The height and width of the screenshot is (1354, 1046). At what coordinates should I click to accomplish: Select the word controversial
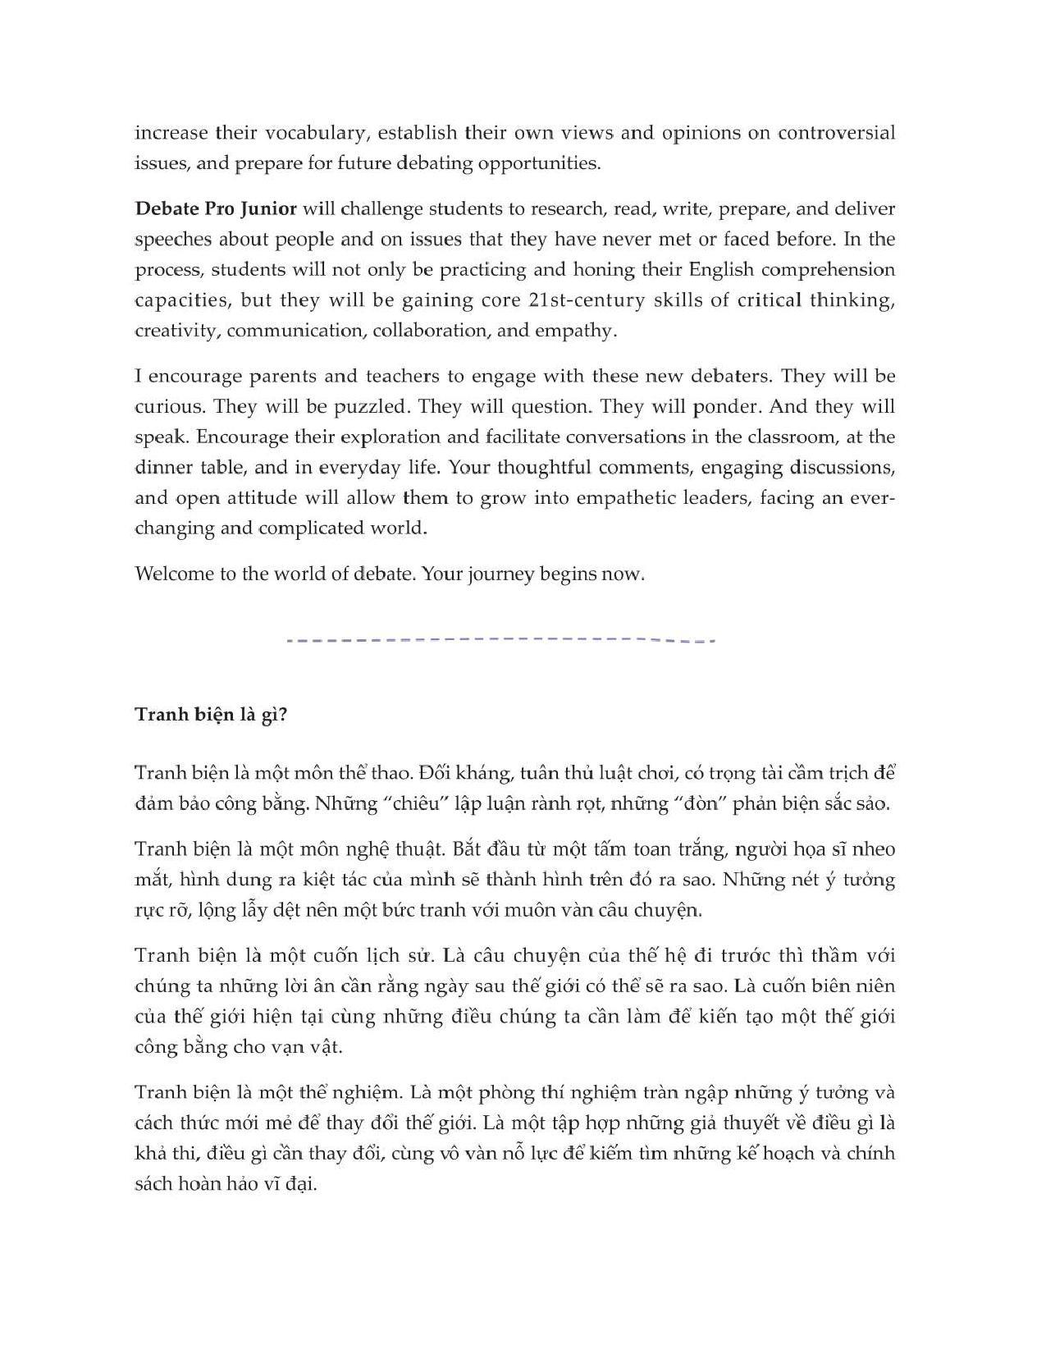click(837, 133)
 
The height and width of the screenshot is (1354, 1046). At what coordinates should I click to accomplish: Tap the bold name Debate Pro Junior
click(215, 208)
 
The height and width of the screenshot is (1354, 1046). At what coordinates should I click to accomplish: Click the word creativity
click(176, 331)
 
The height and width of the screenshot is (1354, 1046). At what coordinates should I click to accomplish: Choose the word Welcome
click(173, 574)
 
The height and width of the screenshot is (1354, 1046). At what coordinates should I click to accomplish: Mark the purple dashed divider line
click(501, 639)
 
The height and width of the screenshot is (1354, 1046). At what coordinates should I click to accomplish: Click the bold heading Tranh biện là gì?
click(211, 715)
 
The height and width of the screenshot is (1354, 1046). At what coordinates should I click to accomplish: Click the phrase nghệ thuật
click(394, 849)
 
